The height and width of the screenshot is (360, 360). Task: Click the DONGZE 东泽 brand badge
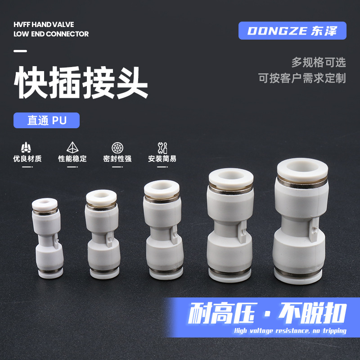coord(292,31)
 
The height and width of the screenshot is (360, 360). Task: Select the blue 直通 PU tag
coord(46,121)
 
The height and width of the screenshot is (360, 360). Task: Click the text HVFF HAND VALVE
coord(44,24)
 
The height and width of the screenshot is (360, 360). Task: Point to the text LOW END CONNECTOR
coord(51,34)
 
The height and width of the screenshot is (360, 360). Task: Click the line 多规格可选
coord(319,62)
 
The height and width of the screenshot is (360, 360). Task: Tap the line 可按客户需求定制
coord(302,78)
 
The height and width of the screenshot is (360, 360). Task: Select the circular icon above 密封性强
coord(117,148)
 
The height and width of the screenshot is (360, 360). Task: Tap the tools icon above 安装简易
coord(162,148)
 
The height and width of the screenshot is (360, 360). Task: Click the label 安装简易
coord(162,159)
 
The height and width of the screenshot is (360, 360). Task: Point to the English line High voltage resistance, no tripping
coord(290,331)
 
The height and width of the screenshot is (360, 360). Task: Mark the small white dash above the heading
coord(21,51)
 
